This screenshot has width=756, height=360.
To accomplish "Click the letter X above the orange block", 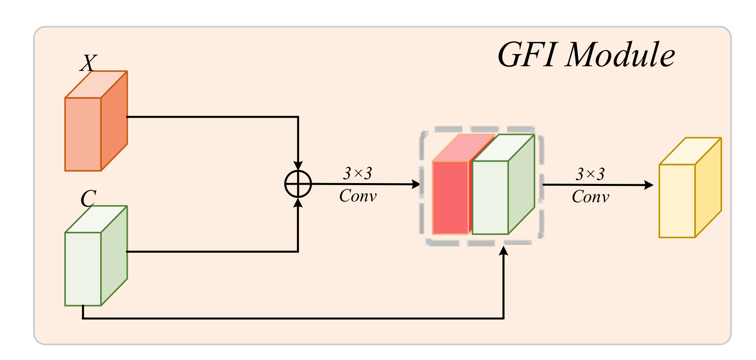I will (88, 63).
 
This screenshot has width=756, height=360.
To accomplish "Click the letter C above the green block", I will (88, 199).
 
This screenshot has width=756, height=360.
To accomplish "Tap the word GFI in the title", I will (526, 55).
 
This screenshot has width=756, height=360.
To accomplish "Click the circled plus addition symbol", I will (298, 184).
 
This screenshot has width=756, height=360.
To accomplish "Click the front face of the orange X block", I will (83, 134).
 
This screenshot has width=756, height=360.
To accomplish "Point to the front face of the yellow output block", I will (677, 201).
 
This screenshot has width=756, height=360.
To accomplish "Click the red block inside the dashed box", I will (450, 197).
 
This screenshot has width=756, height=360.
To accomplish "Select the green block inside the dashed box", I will (490, 197).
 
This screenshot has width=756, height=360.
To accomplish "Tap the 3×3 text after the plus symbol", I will (358, 173).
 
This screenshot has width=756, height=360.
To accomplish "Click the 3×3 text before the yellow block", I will (590, 174).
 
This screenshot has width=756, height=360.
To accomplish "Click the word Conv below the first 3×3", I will (358, 196).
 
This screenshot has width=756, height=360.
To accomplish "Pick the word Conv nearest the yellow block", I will (590, 197).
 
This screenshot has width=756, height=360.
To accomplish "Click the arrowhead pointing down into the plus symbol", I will (298, 166).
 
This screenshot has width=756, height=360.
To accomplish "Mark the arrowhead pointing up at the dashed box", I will (504, 251).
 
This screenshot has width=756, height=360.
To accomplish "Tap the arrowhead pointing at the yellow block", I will (648, 185).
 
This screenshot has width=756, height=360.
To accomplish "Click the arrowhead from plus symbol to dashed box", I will (416, 184).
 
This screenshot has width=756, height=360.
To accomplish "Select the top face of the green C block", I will (96, 219).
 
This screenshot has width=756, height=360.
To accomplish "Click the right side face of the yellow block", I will (708, 187).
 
